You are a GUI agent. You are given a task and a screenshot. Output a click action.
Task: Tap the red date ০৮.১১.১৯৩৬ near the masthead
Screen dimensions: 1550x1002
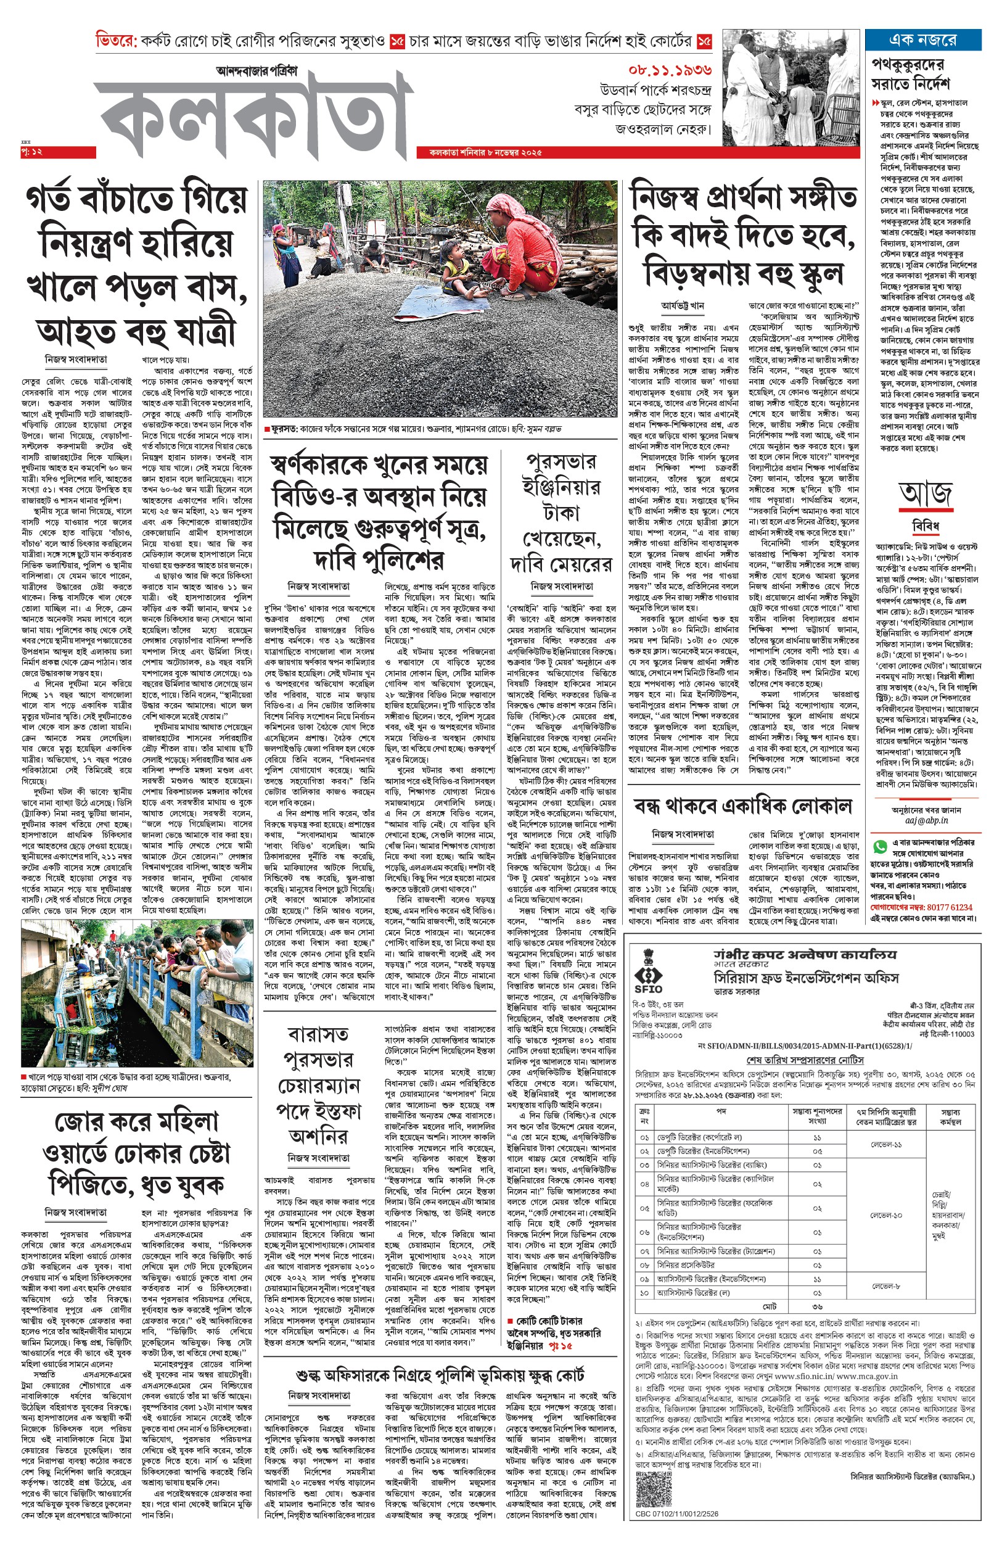670,70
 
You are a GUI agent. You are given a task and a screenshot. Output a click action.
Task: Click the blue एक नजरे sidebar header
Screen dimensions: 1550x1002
922,39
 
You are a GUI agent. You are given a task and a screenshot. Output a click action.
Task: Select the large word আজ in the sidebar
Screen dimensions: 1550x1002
925,494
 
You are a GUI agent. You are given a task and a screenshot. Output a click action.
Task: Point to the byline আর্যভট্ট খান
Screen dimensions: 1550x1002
683,305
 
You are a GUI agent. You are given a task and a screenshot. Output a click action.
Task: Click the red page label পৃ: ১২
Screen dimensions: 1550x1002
31,152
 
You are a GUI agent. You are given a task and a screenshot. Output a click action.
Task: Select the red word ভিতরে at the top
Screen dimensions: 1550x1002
116,40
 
